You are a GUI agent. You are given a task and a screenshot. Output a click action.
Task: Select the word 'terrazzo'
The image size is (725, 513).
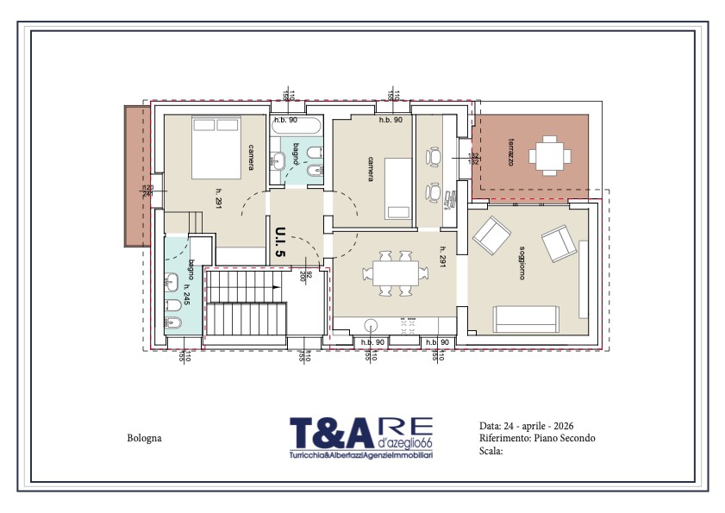(511, 152)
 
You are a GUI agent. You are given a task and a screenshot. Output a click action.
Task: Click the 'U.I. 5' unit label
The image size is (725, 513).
(280, 243)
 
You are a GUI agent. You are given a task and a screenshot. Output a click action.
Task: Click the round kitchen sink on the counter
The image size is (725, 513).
(371, 326)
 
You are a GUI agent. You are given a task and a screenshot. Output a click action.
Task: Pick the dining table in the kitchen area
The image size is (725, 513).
(395, 272)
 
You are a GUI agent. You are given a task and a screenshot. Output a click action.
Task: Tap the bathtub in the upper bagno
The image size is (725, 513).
(295, 128)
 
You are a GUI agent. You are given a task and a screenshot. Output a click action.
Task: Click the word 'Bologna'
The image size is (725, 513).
(144, 438)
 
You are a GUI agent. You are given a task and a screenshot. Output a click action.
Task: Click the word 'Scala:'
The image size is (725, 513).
(490, 450)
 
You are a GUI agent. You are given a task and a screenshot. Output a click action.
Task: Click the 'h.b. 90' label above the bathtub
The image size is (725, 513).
(286, 120)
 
